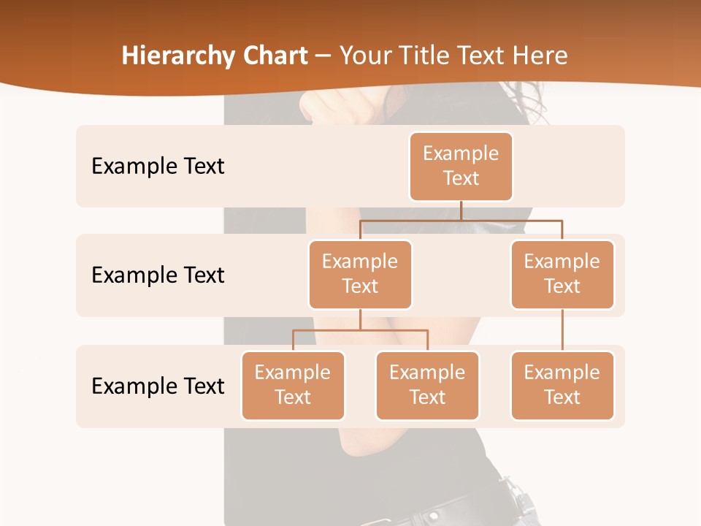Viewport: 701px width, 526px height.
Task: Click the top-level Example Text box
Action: pos(461,166)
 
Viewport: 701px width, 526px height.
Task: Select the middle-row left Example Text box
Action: pos(360,274)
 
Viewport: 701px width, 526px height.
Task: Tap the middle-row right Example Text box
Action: pos(562,274)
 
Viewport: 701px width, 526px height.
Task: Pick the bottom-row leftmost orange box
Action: pos(293,385)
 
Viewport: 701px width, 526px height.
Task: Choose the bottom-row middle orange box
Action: pos(427,385)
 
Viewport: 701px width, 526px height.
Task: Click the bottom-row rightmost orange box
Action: pos(562,385)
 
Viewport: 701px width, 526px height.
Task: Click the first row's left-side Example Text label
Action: pos(158,167)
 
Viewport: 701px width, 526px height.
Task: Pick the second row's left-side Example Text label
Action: pos(158,275)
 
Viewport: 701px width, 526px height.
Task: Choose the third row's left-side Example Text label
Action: pos(158,386)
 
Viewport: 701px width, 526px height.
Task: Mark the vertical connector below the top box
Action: pos(461,210)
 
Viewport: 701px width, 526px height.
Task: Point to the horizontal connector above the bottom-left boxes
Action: pos(360,330)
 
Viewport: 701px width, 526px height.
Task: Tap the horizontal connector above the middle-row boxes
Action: pos(461,220)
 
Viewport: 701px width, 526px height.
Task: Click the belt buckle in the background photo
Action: pos(520,503)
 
